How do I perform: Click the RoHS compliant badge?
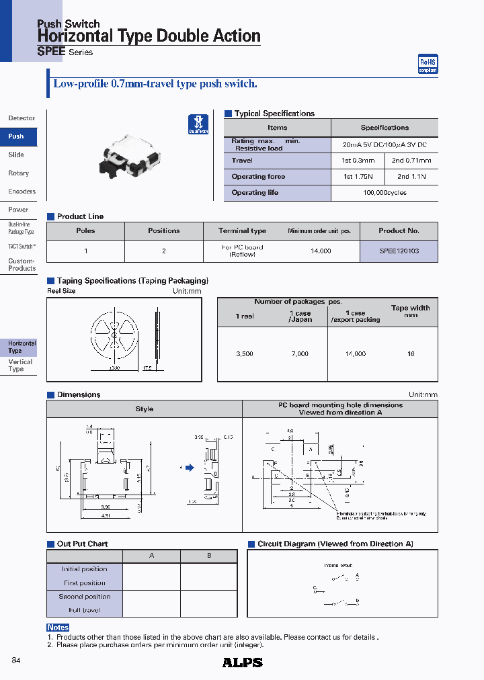tap(428, 65)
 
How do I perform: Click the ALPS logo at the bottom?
tap(242, 663)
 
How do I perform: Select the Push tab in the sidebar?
tap(17, 136)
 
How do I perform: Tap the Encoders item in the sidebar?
tap(22, 192)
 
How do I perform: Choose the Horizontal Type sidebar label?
tap(22, 347)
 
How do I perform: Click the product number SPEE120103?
tap(399, 251)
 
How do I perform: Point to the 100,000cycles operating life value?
tap(385, 193)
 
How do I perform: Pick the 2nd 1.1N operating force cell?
tap(411, 177)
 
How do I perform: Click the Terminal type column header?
tap(242, 231)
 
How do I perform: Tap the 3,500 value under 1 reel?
tap(245, 354)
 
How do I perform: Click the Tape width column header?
tap(410, 311)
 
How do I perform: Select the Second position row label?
tap(85, 597)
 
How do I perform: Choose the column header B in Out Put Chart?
tap(209, 556)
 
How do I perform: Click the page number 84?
tap(16, 661)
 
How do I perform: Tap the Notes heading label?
tap(58, 628)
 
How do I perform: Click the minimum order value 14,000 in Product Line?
tap(321, 251)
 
